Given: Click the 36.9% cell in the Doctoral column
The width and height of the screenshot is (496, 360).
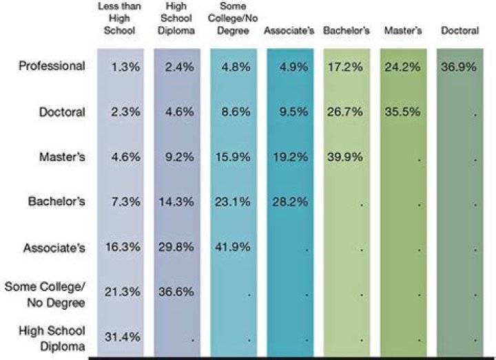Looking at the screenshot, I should click(x=458, y=66).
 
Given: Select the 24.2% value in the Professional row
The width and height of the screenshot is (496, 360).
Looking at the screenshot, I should click(x=401, y=66).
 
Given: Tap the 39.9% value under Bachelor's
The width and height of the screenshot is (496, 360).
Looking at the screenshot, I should click(x=344, y=157).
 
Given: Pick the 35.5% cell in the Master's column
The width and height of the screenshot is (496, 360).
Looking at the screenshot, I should click(x=401, y=112).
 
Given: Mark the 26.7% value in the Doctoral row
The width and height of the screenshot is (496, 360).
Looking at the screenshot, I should click(x=344, y=112).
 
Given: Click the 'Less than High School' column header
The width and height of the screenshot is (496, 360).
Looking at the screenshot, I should click(x=120, y=19).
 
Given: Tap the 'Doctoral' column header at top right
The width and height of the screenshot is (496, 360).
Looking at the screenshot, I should click(x=459, y=31).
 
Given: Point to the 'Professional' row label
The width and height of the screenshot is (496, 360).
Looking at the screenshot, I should click(x=52, y=66).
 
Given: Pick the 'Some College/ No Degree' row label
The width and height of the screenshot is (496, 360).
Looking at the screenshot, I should click(x=46, y=294).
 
